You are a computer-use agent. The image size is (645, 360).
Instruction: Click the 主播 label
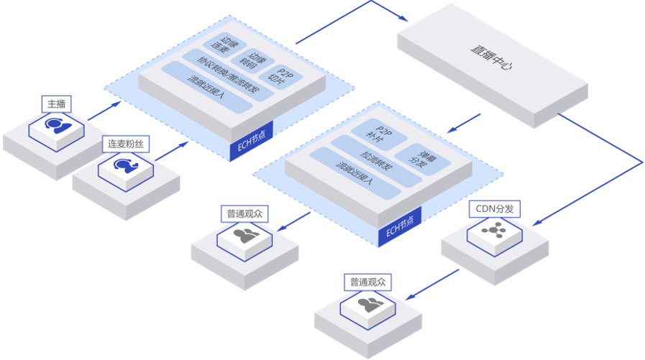point(55,104)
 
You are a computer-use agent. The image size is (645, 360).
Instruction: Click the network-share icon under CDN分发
point(493,231)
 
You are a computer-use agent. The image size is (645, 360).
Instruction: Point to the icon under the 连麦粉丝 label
point(124,166)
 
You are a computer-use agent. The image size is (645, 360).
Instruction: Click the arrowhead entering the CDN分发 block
point(535,224)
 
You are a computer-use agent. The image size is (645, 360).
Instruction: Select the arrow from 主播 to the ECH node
point(104,111)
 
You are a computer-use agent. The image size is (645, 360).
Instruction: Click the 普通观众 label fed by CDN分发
point(367,282)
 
